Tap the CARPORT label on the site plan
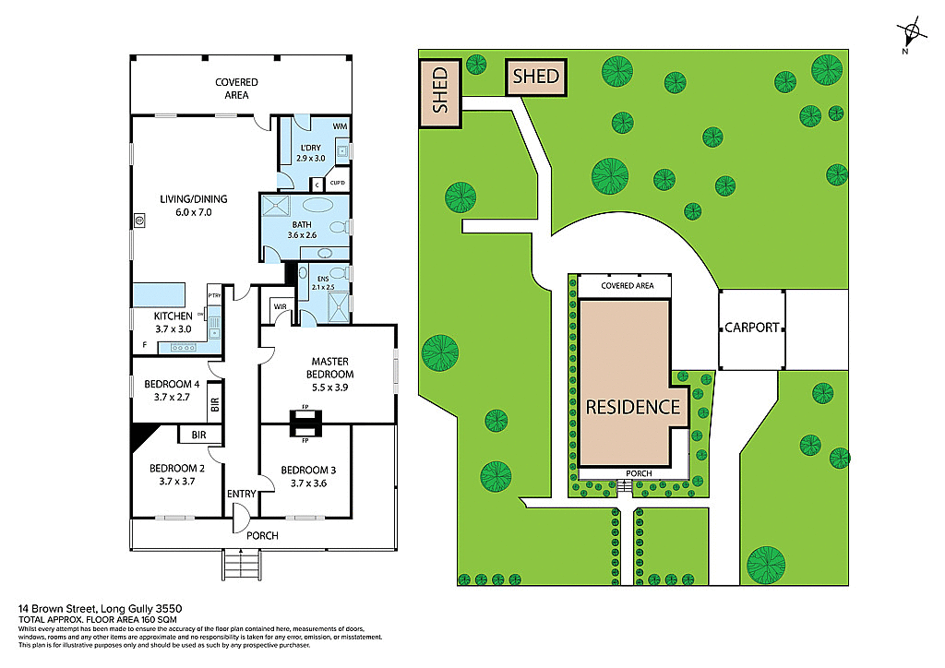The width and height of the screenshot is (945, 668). point(752,328)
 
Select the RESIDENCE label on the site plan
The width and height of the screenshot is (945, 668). point(632,406)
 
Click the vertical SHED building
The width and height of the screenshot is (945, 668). point(440,89)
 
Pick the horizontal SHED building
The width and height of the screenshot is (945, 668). point(536,76)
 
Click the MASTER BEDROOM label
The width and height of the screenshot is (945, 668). point(331,367)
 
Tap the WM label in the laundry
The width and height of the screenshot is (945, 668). point(341,125)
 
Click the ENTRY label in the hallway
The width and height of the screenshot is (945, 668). point(241,494)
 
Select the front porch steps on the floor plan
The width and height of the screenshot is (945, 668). point(242,562)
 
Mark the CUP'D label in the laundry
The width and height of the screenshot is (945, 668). point(338,182)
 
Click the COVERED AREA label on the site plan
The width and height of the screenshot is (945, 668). point(627,286)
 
